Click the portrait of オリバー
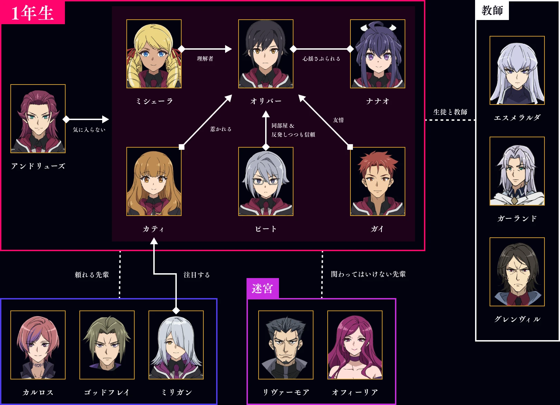(x=265, y=54)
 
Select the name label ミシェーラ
(x=154, y=101)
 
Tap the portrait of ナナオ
(x=377, y=54)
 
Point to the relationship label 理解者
(x=205, y=59)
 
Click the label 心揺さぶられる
(x=321, y=59)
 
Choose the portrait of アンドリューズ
(x=38, y=119)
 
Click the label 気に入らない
(x=89, y=130)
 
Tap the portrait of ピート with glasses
(x=265, y=181)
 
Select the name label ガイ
(x=377, y=229)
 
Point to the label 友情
(x=338, y=120)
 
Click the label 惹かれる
(x=221, y=129)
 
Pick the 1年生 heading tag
(x=32, y=13)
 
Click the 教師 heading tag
(x=492, y=10)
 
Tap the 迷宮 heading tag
(x=262, y=288)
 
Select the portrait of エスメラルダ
(x=517, y=70)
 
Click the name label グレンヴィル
(x=517, y=319)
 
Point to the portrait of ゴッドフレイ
(x=107, y=345)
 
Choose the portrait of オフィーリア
(x=355, y=345)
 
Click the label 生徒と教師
(x=450, y=112)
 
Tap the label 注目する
(x=196, y=275)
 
